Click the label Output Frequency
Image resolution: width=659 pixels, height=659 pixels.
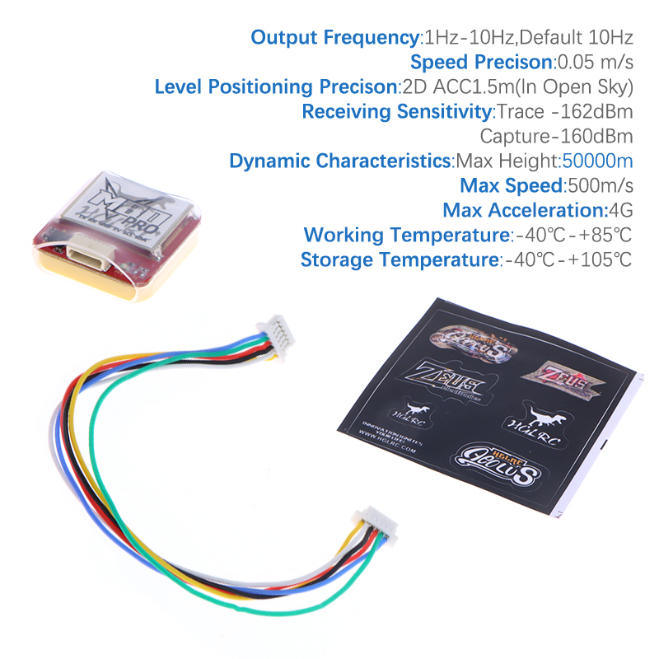334,37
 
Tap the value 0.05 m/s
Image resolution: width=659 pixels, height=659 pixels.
595,62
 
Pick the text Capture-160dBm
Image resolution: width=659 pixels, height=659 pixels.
556,136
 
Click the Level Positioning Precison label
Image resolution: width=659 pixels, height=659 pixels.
276,86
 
